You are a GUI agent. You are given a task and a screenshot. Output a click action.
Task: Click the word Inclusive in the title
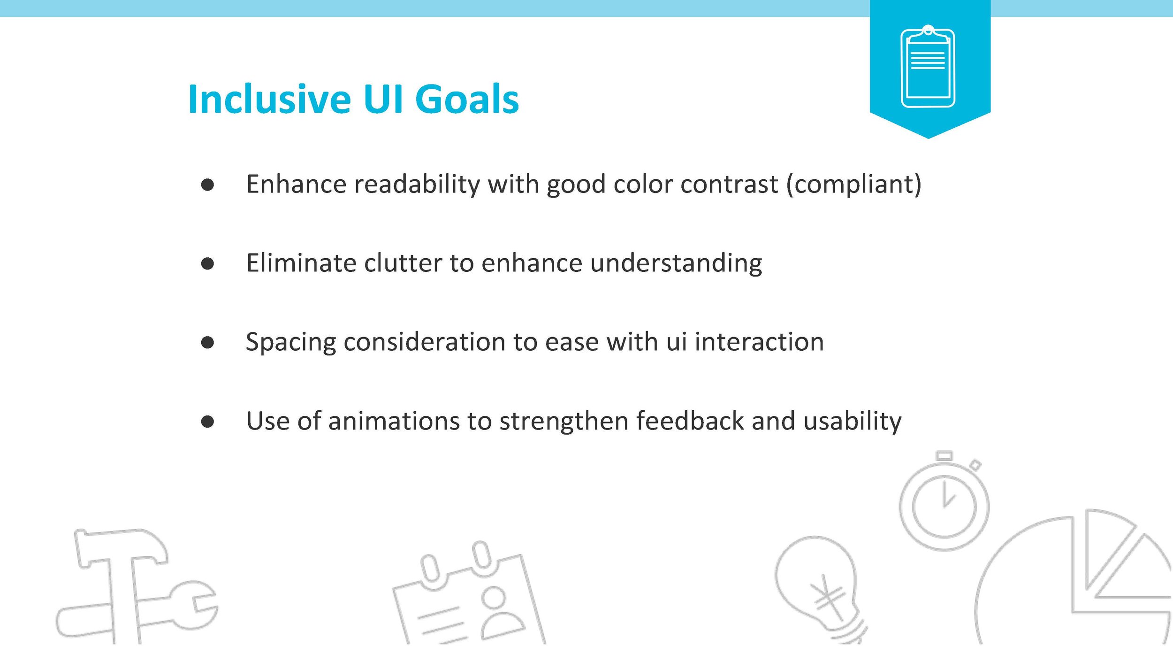[x=269, y=99]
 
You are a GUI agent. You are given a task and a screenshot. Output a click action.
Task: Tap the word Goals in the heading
[x=467, y=99]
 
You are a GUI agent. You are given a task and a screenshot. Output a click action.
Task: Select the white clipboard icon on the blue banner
[x=928, y=66]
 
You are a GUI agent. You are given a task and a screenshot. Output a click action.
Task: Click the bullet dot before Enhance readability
[x=207, y=185]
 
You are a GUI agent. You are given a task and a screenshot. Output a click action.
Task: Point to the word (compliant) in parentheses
[x=854, y=184]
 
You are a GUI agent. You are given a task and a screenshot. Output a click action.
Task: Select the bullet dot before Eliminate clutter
[x=207, y=263]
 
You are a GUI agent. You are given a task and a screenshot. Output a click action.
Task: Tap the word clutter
[x=403, y=262]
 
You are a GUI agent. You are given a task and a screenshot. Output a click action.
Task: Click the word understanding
[x=676, y=263]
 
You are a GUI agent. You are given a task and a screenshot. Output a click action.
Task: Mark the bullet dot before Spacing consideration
[x=207, y=342]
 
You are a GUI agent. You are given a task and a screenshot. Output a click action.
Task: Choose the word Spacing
[x=291, y=342]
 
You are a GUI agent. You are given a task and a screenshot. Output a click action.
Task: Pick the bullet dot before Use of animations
[x=207, y=421]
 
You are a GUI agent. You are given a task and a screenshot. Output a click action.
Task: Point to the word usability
[x=852, y=421]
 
